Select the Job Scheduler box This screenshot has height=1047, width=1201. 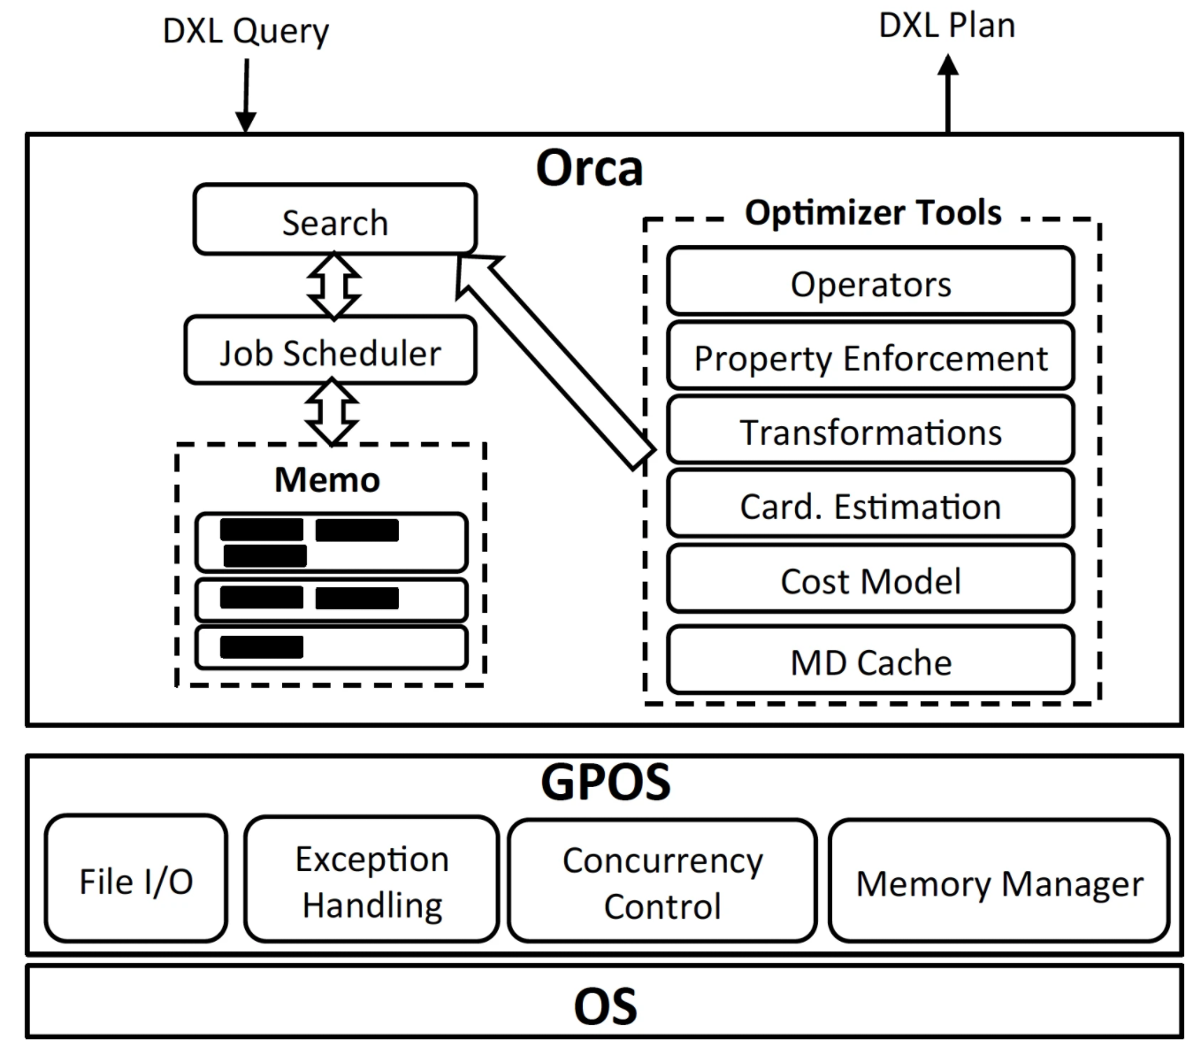(330, 352)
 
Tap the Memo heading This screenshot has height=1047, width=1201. (327, 479)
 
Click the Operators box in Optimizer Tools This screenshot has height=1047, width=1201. (870, 282)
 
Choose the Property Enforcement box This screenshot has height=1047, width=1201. (870, 357)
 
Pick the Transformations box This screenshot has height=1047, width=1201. (870, 432)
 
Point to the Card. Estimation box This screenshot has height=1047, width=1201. (870, 506)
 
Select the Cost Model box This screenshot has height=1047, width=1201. (870, 580)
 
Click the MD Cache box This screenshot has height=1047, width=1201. (870, 661)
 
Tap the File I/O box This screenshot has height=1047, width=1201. (136, 879)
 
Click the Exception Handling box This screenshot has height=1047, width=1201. (371, 880)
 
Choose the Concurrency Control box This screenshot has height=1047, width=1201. (662, 882)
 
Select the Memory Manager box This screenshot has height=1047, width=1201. (998, 882)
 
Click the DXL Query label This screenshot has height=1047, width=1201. (246, 31)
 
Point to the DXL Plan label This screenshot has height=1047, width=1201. (946, 26)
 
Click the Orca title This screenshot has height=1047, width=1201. (589, 167)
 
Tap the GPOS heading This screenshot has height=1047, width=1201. (605, 782)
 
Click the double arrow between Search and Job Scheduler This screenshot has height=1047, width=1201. (333, 286)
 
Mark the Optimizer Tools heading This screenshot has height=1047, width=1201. (872, 212)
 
